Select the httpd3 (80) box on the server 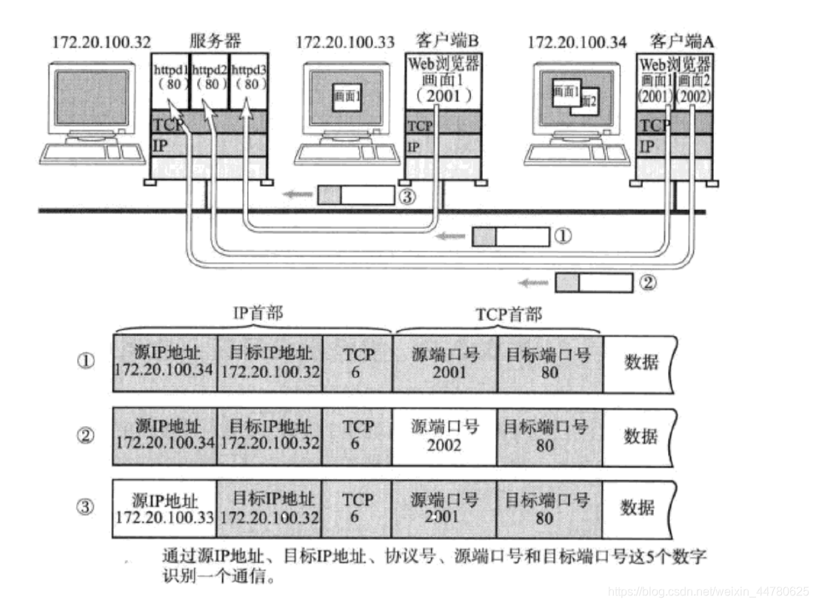coord(248,80)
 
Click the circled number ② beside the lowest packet coord(647,283)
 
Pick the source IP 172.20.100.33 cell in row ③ coord(164,509)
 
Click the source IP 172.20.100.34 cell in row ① coord(164,362)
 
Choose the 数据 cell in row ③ coord(638,509)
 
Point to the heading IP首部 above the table coord(254,315)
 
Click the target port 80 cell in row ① coord(549,362)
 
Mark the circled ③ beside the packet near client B coord(407,196)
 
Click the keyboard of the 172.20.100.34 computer coord(563,153)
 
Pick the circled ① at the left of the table coord(86,362)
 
